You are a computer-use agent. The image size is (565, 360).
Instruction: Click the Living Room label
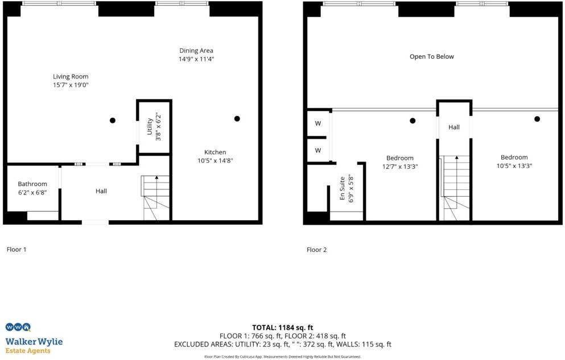(71, 77)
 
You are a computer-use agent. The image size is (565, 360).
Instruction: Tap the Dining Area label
(196, 51)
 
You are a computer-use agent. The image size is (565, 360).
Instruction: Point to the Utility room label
(150, 126)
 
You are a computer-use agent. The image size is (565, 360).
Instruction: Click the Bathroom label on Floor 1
(32, 184)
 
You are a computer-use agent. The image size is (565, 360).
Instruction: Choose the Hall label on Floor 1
(101, 191)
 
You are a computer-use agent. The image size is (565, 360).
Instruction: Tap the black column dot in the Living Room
(113, 120)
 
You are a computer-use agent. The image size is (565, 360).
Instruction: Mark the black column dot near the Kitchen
(237, 118)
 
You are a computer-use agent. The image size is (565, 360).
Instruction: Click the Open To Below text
(432, 57)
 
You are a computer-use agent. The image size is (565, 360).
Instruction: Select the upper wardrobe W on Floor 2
(318, 123)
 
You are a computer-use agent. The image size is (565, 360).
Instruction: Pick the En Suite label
(343, 188)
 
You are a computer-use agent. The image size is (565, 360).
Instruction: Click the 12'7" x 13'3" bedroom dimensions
(399, 167)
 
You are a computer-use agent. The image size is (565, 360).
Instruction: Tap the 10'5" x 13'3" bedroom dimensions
(514, 166)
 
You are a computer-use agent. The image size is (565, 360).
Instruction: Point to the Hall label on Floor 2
(454, 127)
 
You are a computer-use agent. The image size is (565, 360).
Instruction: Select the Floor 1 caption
(17, 249)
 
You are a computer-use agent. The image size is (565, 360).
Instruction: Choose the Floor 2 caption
(317, 250)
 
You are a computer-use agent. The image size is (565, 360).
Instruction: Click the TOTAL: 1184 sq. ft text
(283, 328)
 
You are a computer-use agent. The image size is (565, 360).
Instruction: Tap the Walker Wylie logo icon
(17, 327)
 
